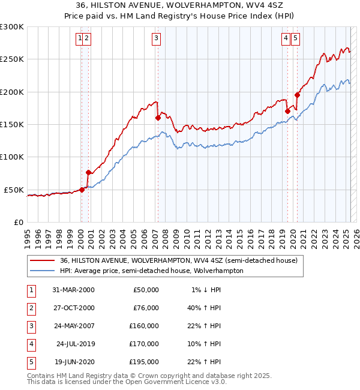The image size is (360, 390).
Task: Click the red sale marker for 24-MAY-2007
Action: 158,118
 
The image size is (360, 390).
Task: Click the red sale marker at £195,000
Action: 297,94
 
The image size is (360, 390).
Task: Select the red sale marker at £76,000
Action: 88,172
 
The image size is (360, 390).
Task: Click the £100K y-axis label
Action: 12,157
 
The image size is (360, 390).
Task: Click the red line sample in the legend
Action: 41,261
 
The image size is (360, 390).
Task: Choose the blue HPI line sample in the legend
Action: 41,271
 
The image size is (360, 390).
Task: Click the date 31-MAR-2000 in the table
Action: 73,290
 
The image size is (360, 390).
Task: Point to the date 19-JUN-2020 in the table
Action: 73,362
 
